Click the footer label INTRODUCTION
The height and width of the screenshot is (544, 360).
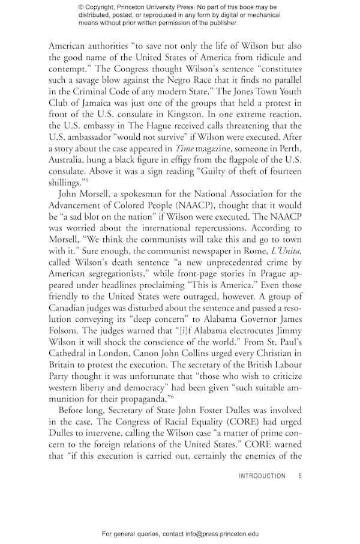point(262,476)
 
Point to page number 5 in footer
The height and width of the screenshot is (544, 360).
point(300,476)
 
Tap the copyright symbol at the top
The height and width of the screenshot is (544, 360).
point(82,7)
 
